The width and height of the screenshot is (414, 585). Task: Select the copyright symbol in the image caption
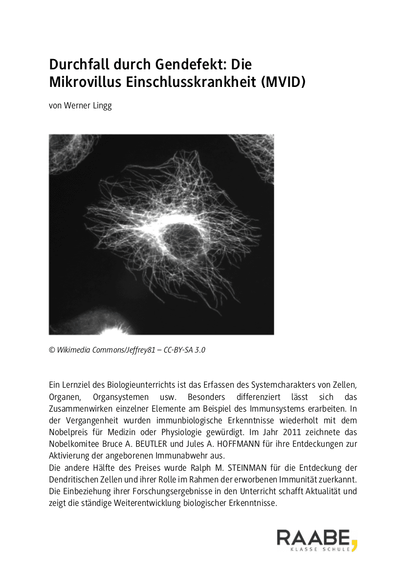(52, 350)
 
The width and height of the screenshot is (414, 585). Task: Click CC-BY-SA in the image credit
(173, 350)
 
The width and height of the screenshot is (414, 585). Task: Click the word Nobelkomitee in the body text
(75, 444)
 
